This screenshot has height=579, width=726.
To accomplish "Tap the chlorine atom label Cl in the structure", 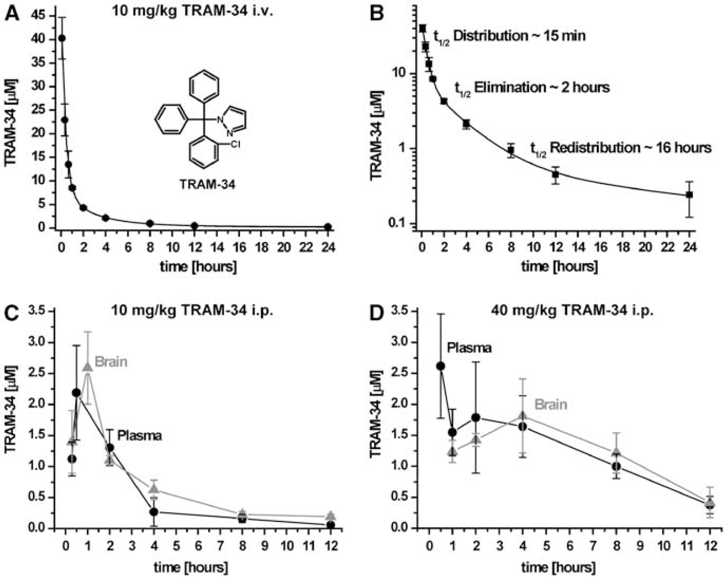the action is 235,145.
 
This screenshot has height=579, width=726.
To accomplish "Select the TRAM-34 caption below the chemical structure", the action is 207,184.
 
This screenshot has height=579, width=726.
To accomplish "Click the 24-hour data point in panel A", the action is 328,227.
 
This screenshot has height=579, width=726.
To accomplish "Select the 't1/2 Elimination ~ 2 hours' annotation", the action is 532,89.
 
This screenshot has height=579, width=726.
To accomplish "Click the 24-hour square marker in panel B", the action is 690,195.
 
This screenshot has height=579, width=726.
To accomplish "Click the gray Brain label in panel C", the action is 111,362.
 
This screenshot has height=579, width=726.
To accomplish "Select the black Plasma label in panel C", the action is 139,435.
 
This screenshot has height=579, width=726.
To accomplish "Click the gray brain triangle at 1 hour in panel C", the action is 88,367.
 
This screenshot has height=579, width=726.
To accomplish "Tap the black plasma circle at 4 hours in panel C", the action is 154,512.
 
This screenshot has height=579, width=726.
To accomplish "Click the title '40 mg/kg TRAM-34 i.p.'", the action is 572,311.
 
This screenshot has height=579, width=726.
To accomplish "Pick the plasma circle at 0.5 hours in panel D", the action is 440,366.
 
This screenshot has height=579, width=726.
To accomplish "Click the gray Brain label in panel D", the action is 551,404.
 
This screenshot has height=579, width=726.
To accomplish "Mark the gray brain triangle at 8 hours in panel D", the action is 617,451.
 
